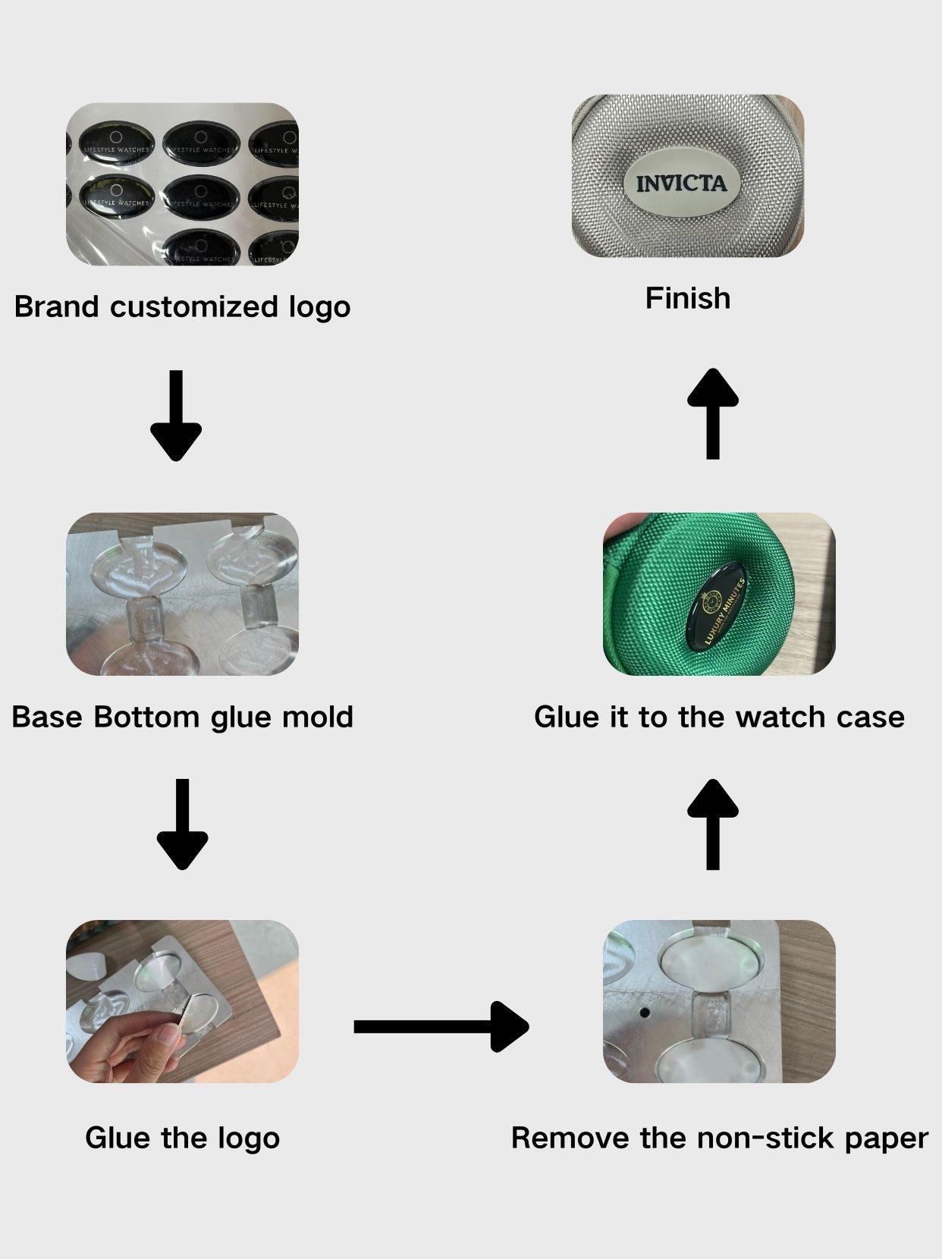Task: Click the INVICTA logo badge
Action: tap(682, 183)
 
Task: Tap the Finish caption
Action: tap(688, 298)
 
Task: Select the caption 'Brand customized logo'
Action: tap(182, 307)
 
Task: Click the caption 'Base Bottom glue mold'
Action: tap(182, 717)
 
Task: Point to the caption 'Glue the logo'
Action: tap(182, 1138)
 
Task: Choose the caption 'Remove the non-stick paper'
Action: tap(719, 1138)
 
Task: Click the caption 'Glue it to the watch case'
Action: tap(719, 717)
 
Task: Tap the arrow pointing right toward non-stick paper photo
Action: tap(441, 1026)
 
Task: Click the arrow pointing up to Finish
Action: tap(712, 413)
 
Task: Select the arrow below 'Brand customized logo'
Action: tap(176, 415)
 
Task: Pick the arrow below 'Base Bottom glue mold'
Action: tap(182, 824)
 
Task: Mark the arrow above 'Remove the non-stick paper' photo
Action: tap(712, 824)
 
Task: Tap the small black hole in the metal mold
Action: tap(645, 1012)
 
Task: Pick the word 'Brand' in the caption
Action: tap(56, 307)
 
